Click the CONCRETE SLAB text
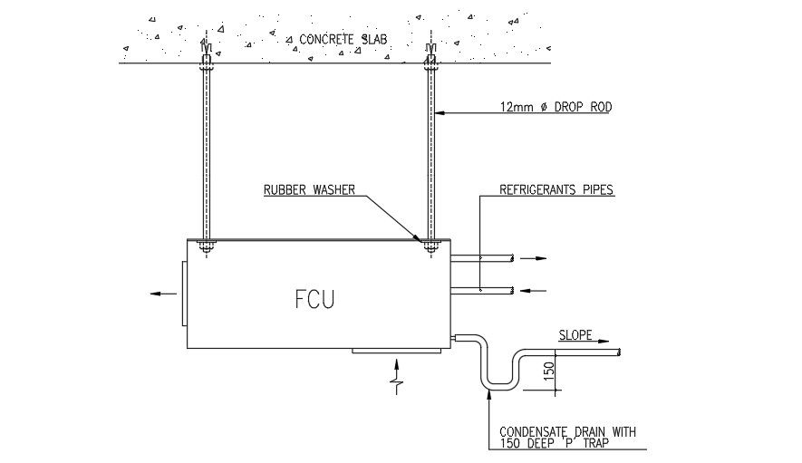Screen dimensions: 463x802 point(343,40)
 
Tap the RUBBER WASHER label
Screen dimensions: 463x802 point(309,190)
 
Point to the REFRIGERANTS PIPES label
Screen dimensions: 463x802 point(556,190)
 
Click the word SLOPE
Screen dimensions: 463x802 point(575,335)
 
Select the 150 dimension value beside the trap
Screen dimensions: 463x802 point(546,371)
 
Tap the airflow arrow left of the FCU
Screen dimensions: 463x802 point(164,294)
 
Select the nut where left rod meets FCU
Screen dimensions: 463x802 point(206,245)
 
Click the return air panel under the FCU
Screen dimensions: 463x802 point(396,351)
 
